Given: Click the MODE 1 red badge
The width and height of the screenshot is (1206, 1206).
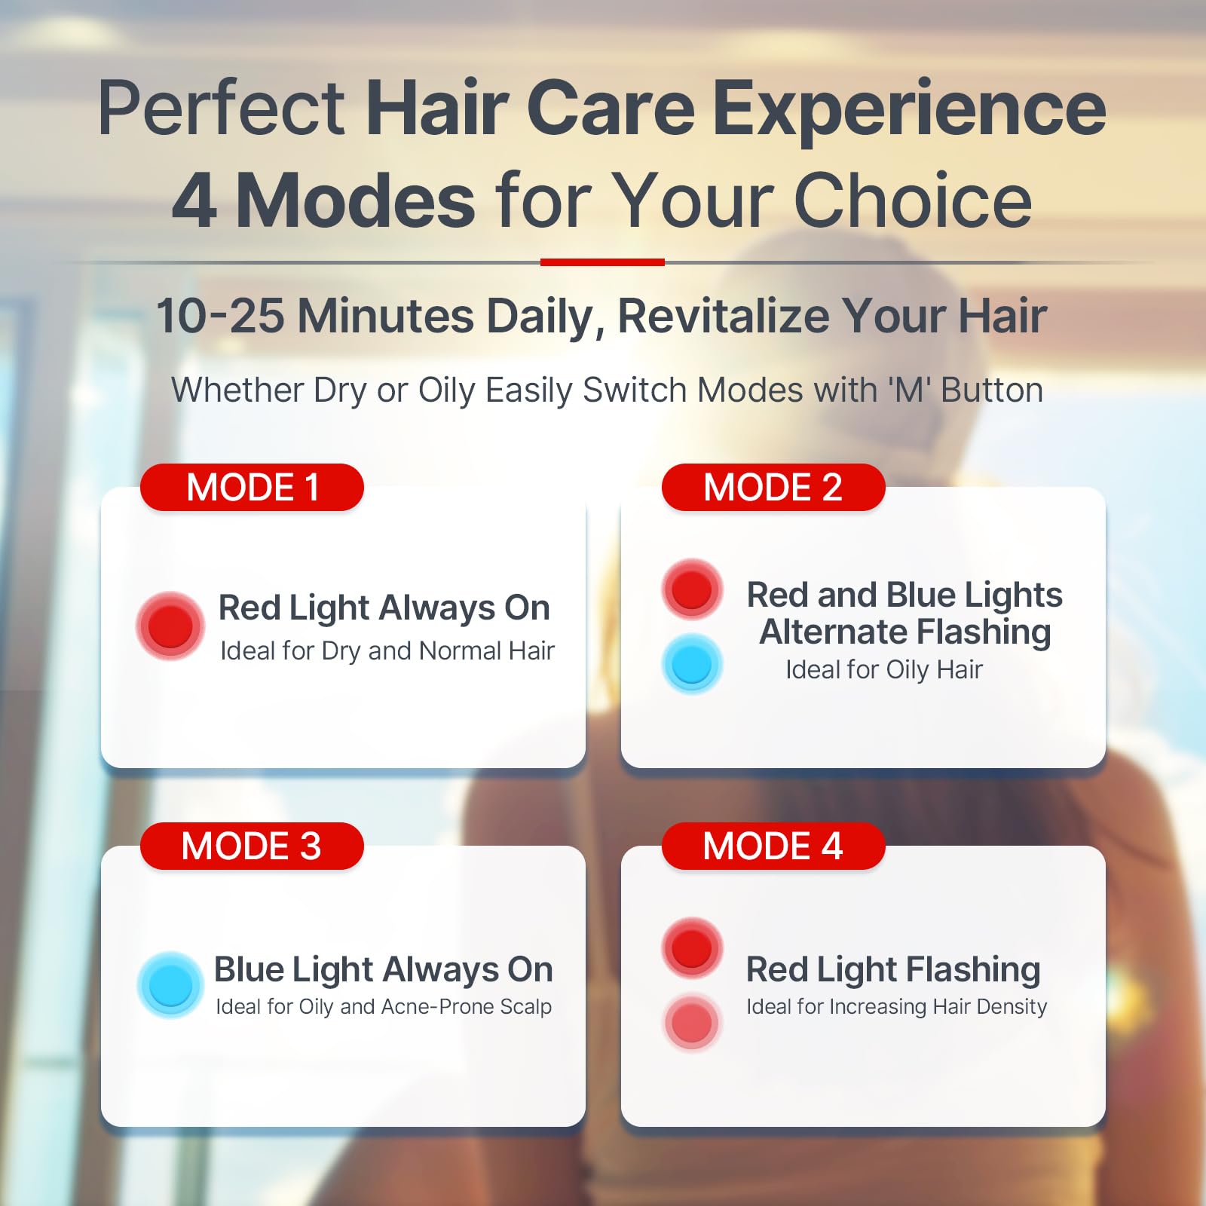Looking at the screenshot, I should [x=252, y=487].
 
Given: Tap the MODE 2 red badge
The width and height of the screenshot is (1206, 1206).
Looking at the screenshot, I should [x=773, y=487].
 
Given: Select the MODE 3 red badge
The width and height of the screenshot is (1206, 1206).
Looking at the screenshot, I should [x=252, y=846].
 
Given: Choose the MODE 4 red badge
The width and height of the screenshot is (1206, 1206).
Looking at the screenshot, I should [x=773, y=846].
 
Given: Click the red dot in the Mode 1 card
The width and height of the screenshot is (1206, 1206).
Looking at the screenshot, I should [x=170, y=626].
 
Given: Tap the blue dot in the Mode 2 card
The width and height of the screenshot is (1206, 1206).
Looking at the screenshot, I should [x=692, y=664].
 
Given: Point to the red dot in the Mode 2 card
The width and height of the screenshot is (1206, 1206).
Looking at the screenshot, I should [x=692, y=589].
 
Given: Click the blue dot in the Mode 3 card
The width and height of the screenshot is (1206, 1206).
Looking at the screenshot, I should [x=170, y=984].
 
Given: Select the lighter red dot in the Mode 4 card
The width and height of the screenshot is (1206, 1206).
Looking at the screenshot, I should [x=692, y=1023].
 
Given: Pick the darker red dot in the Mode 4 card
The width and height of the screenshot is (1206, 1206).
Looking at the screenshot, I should [x=692, y=947].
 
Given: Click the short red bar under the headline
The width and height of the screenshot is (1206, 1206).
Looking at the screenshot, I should [x=602, y=262].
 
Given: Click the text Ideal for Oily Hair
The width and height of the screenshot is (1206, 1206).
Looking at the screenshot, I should [x=884, y=669].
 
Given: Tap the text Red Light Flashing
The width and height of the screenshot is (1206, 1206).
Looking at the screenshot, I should [x=893, y=969].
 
